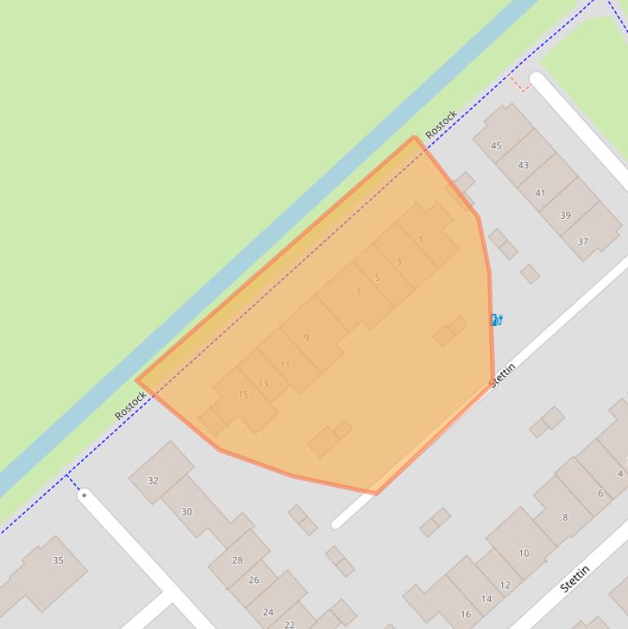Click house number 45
tap(496, 145)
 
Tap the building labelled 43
tap(523, 165)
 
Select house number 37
tap(582, 241)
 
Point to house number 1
tap(421, 239)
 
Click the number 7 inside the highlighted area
tap(359, 292)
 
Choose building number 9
tap(306, 337)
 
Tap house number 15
tap(243, 395)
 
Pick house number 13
tap(263, 383)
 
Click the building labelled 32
tap(153, 480)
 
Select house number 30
tap(186, 511)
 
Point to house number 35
tap(58, 560)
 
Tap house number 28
tap(237, 560)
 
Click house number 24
tap(268, 611)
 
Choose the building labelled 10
tap(523, 553)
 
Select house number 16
tap(465, 614)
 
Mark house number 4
tap(620, 473)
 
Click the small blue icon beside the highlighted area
tap(496, 319)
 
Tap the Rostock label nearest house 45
tap(441, 124)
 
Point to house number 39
tap(565, 216)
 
